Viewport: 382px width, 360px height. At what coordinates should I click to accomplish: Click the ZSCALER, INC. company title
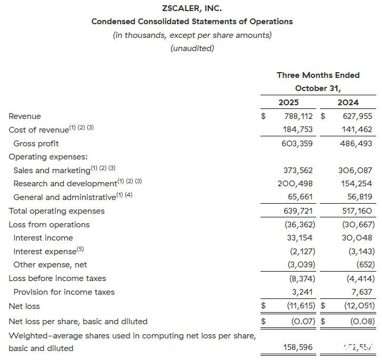(192, 8)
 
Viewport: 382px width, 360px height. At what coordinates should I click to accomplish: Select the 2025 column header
(288, 103)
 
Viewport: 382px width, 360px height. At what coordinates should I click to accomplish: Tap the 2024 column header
(348, 103)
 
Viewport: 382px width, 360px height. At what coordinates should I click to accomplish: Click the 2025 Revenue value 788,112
(296, 116)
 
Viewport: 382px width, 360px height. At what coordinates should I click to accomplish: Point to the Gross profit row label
(36, 144)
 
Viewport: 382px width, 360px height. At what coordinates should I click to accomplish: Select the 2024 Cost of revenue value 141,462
(356, 129)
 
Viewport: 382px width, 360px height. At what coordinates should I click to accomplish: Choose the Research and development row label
(65, 184)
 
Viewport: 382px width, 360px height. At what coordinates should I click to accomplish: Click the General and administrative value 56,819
(358, 197)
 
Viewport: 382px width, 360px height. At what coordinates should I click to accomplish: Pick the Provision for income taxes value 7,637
(360, 292)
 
